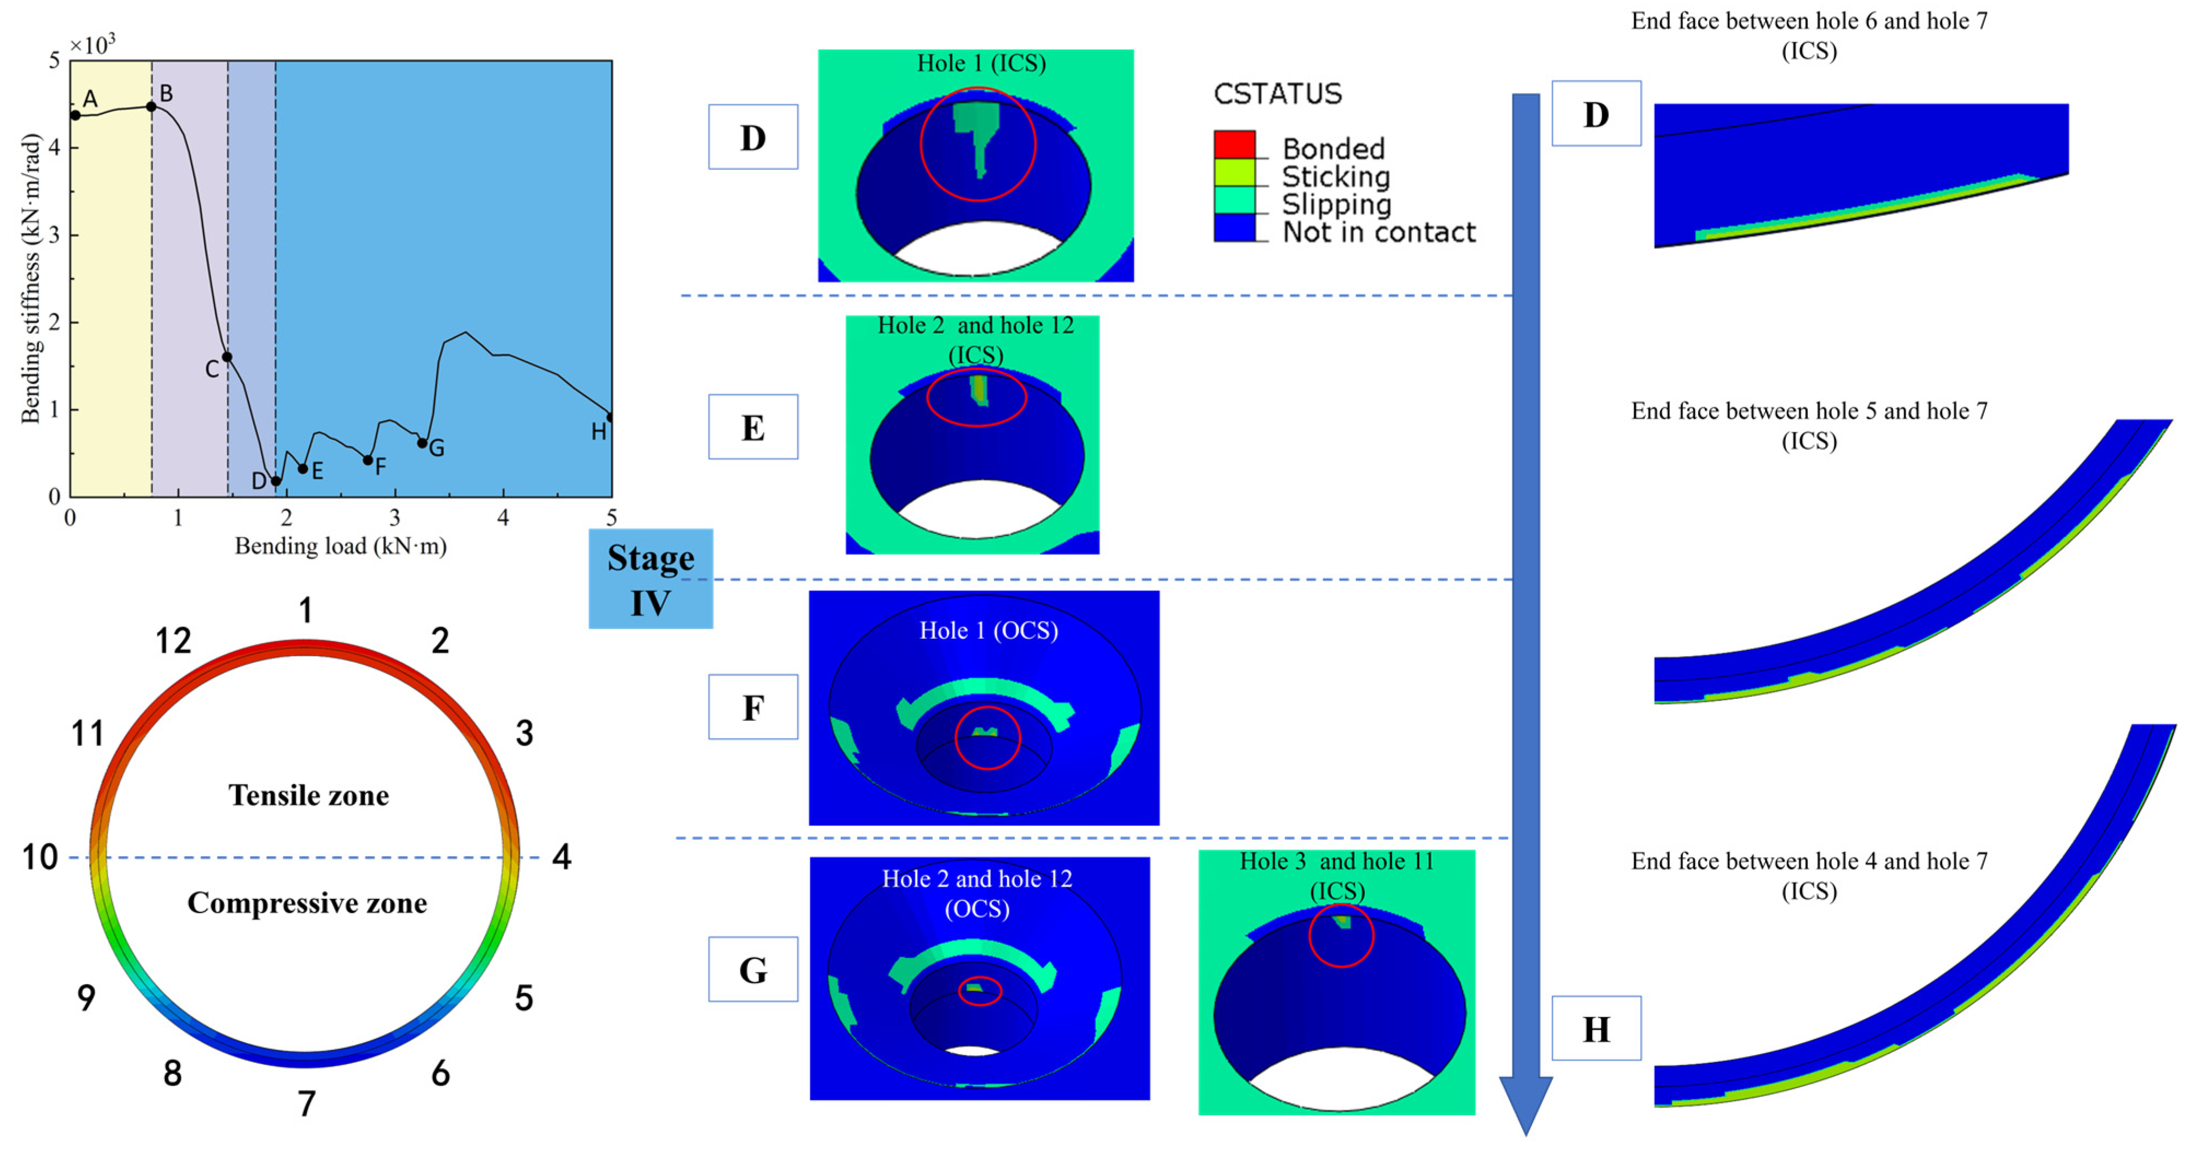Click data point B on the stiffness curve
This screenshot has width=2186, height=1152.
click(151, 106)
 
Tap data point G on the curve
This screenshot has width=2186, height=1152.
click(422, 443)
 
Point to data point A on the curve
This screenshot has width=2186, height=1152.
click(75, 115)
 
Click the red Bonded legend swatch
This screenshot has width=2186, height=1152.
click(1234, 144)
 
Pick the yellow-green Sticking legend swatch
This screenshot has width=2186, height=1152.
click(1234, 172)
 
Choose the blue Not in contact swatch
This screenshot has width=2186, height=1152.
click(1234, 227)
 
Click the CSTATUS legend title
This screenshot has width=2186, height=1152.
click(1277, 93)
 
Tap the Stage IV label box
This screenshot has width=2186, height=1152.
click(650, 579)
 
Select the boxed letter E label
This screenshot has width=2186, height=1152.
click(753, 427)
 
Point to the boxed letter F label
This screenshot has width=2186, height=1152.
click(753, 707)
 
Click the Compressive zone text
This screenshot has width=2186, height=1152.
click(307, 903)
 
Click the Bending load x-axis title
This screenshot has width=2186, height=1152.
click(340, 545)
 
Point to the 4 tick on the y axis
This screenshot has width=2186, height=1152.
click(54, 148)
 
